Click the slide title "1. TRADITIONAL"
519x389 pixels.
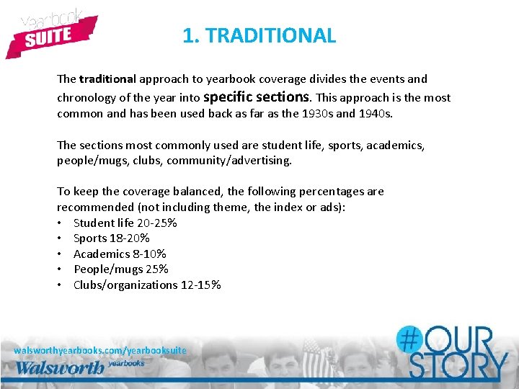tap(259, 35)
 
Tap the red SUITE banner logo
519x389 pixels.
tap(50, 36)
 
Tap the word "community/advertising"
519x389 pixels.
tap(229, 161)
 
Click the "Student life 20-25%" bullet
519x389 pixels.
tap(125, 223)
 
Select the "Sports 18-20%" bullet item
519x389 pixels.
tap(111, 238)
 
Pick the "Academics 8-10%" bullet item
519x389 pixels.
tap(120, 254)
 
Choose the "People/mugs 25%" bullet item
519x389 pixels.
tap(120, 269)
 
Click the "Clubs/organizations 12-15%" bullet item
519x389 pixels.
tap(147, 285)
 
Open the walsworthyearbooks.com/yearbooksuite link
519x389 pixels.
tap(100, 350)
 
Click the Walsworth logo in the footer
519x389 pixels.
tap(61, 367)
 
